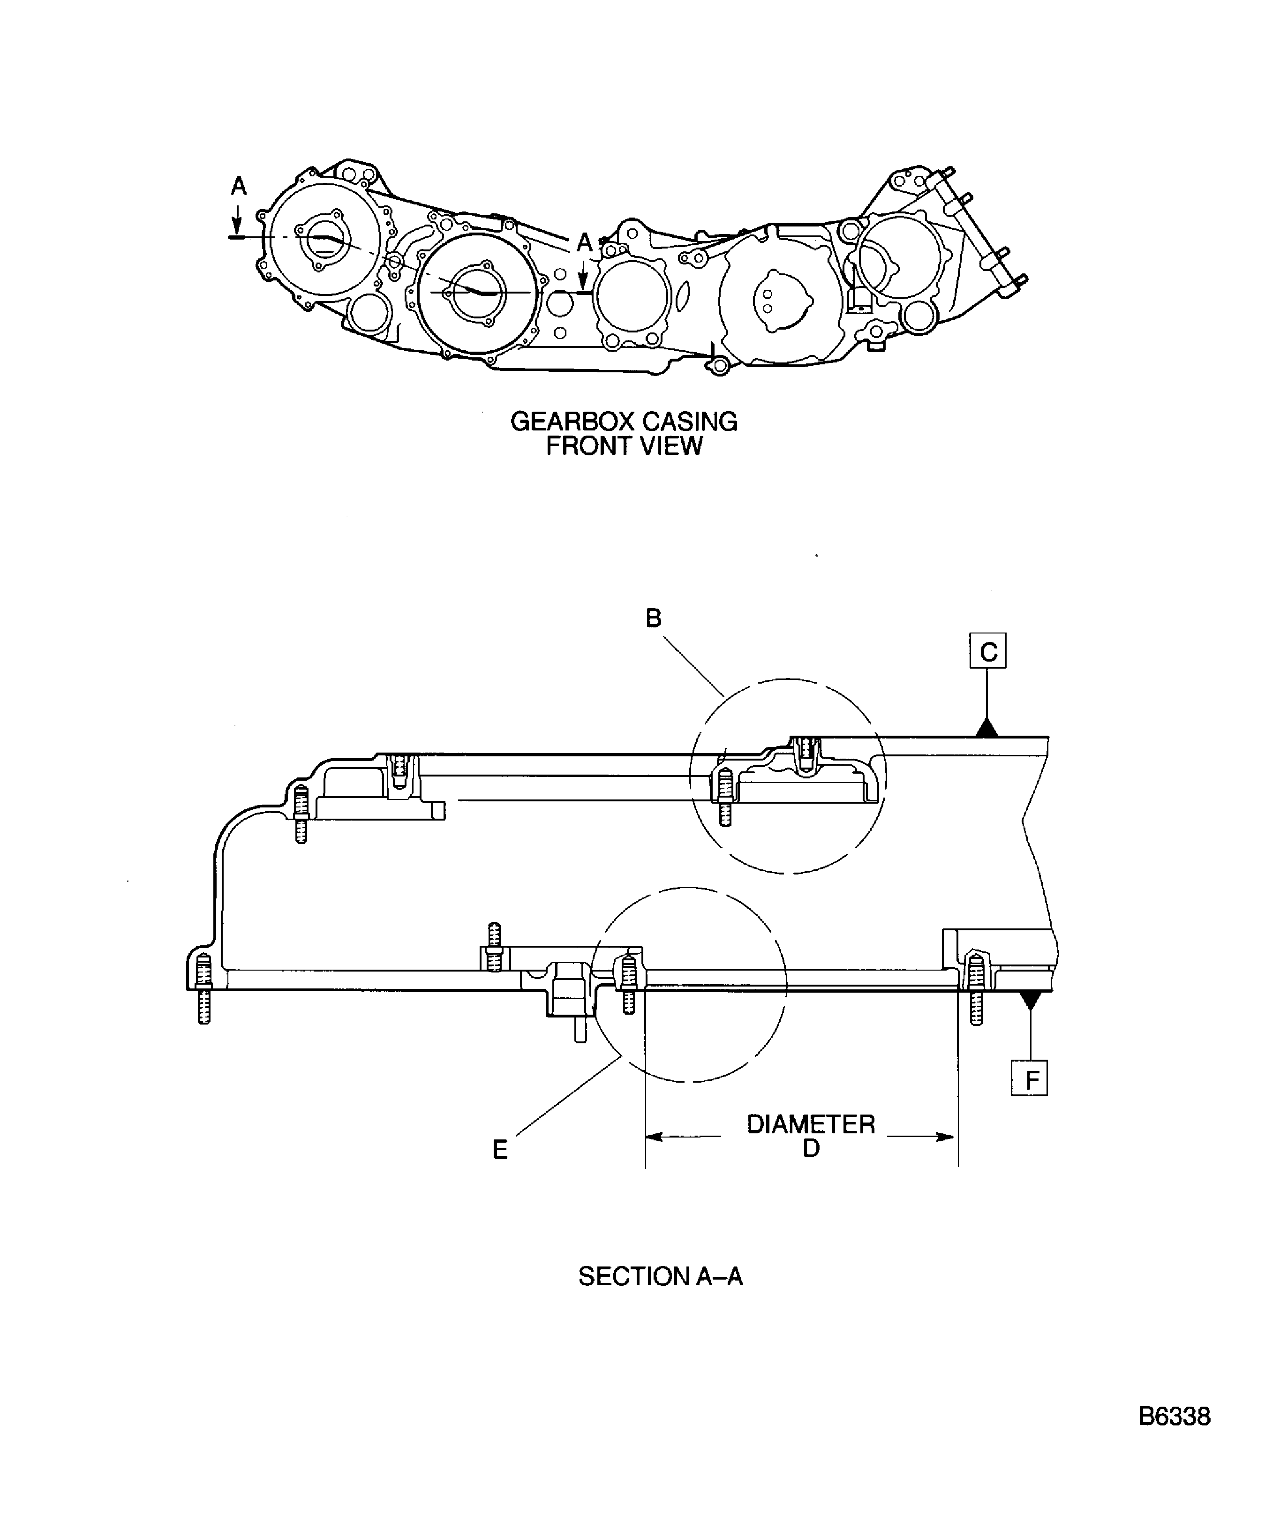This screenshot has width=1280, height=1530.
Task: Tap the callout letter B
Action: click(x=654, y=618)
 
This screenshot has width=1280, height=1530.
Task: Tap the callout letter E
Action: click(x=500, y=1150)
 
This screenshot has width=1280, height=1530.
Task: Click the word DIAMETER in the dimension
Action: click(x=810, y=1124)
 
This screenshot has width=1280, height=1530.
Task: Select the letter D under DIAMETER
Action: click(x=811, y=1148)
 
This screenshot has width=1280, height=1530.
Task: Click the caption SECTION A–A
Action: click(x=660, y=1276)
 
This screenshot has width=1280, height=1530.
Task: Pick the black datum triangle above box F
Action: click(x=1029, y=1000)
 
